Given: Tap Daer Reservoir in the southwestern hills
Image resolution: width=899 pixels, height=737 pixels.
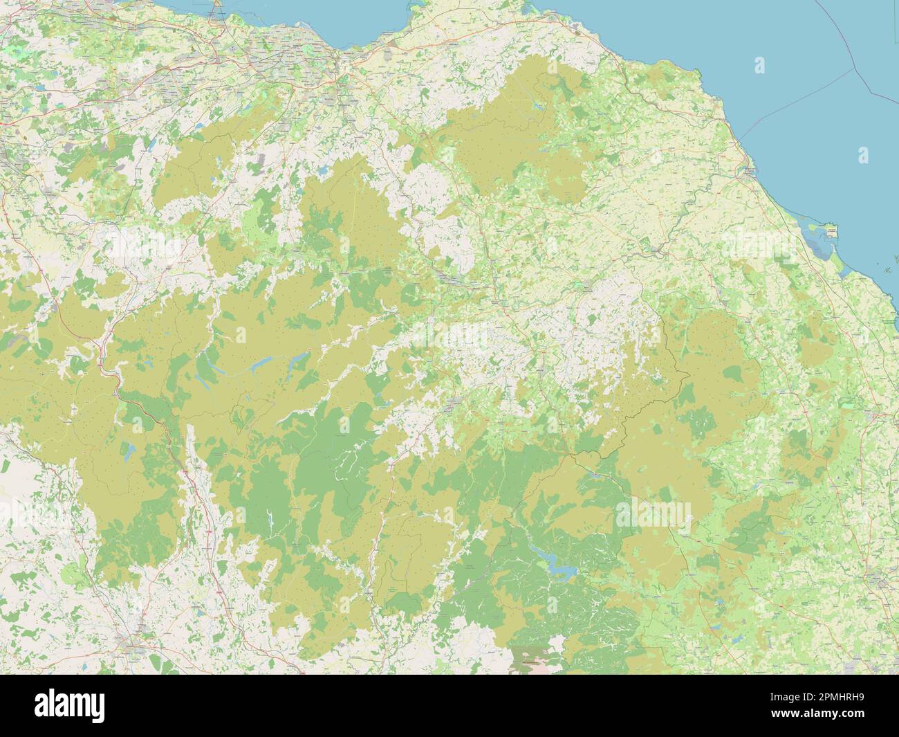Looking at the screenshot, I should pyautogui.click(x=127, y=453).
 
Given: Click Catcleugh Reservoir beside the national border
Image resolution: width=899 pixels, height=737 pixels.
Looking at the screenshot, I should pyautogui.click(x=593, y=475).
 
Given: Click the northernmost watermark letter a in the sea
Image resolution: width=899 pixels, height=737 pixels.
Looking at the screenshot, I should pyautogui.click(x=759, y=66).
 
